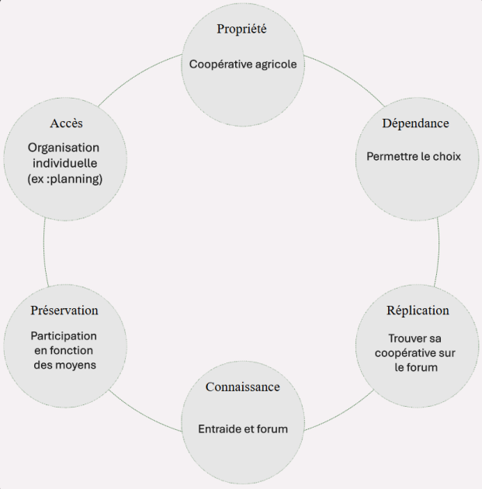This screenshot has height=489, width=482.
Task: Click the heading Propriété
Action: (241, 29)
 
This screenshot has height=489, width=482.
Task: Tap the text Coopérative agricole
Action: (243, 64)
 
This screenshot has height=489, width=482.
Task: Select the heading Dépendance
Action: (415, 123)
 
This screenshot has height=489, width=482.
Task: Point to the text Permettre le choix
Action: (414, 156)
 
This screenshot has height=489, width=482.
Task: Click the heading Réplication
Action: (418, 310)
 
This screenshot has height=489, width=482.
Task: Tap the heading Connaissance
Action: (243, 387)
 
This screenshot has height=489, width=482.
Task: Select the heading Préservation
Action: (64, 310)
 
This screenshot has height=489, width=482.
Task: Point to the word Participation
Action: (64, 336)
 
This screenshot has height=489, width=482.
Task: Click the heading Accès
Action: (67, 123)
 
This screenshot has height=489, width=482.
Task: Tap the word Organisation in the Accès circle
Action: (64, 147)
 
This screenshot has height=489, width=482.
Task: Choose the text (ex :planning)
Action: (65, 179)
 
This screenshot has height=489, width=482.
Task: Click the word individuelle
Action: (65, 163)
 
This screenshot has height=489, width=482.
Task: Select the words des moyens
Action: (65, 365)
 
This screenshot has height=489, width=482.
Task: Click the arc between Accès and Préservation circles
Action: (44, 252)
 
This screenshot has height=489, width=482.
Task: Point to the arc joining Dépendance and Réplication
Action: (439, 252)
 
